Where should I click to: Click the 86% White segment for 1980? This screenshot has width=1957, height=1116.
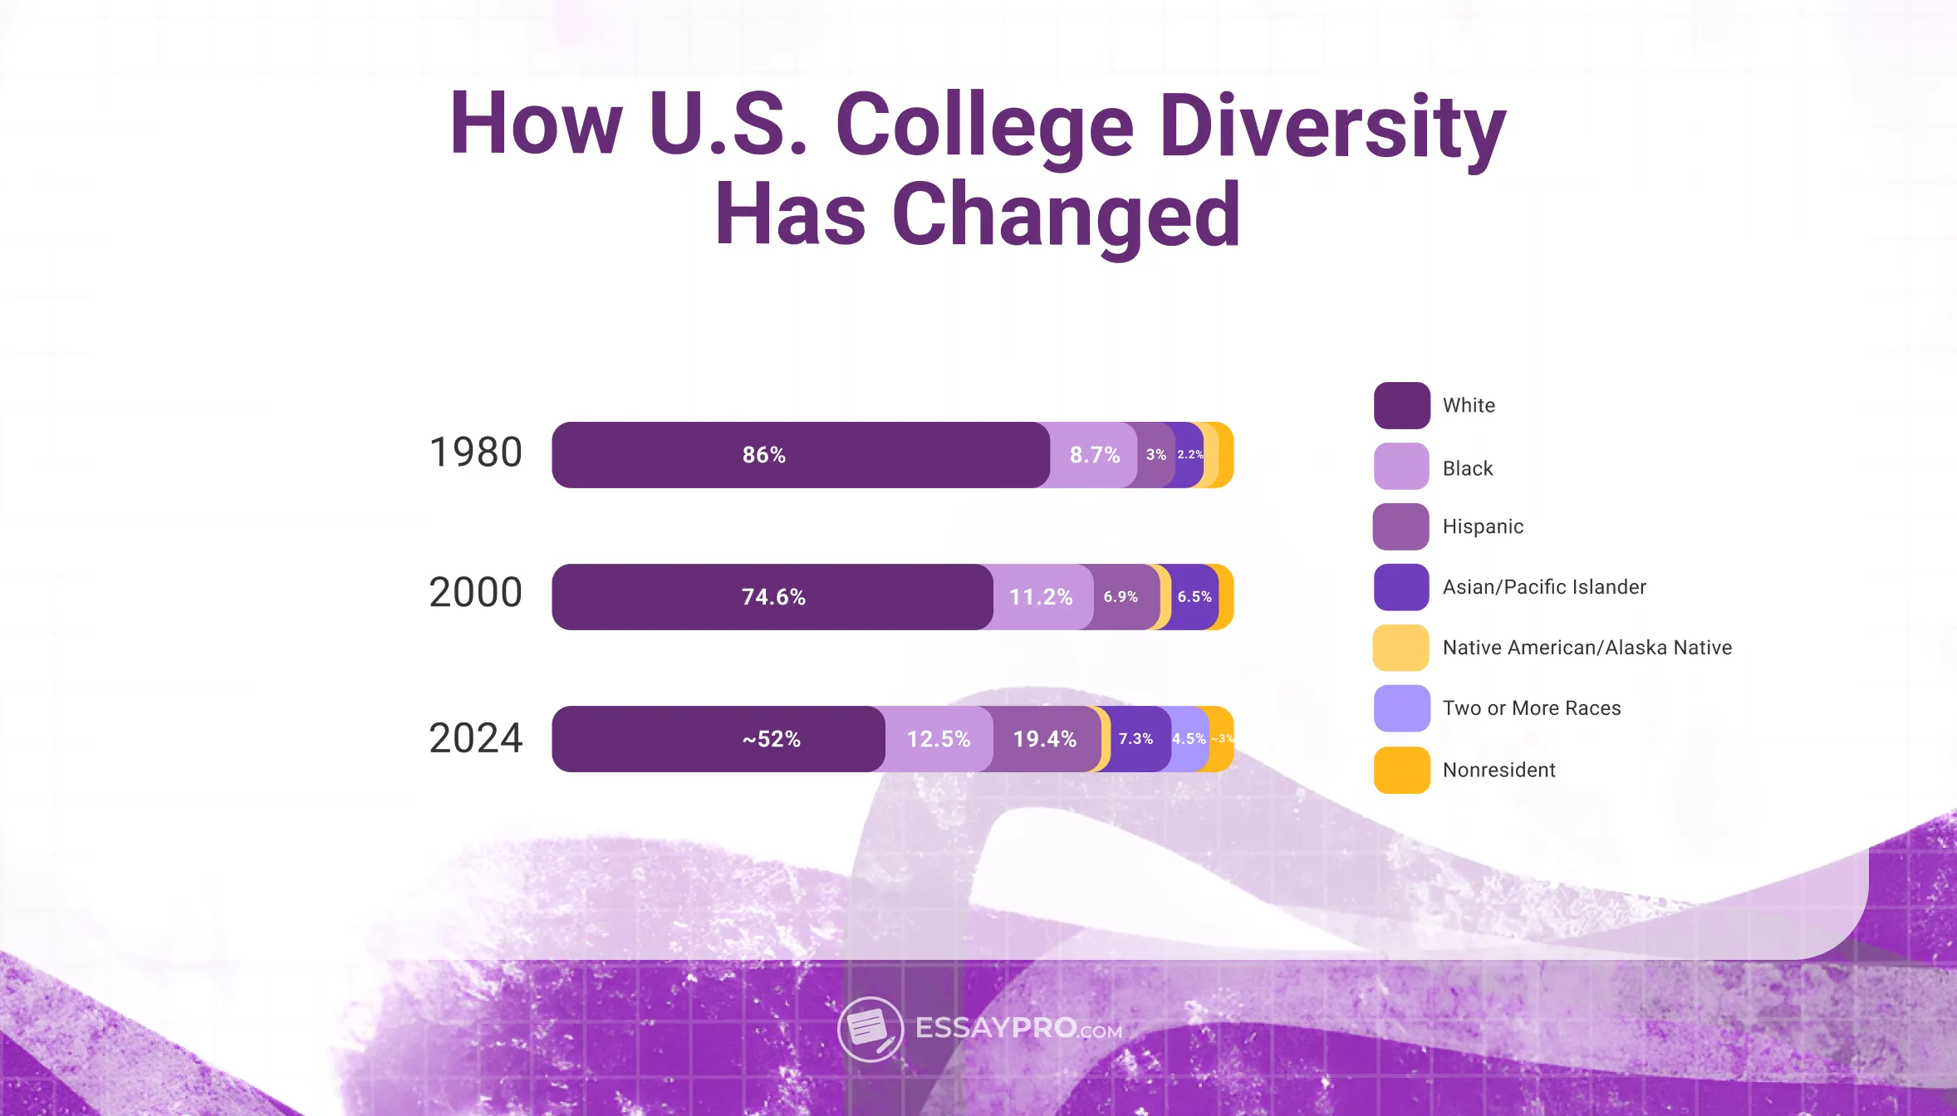(x=763, y=455)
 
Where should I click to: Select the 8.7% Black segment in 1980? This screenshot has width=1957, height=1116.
(x=1094, y=455)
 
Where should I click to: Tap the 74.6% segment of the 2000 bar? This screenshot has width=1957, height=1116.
(x=772, y=597)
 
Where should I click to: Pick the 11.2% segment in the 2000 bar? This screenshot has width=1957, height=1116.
(x=1041, y=597)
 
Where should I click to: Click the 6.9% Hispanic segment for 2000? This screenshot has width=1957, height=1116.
(x=1121, y=597)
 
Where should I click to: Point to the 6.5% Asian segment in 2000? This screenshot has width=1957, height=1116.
(x=1194, y=597)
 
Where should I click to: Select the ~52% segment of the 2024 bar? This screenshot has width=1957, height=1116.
(x=771, y=739)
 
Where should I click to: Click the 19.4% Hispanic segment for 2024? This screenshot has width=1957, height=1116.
(x=1044, y=739)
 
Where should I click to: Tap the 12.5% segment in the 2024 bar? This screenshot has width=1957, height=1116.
(x=939, y=739)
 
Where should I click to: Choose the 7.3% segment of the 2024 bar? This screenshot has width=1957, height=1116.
(x=1135, y=739)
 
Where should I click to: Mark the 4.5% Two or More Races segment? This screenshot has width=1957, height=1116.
(x=1188, y=739)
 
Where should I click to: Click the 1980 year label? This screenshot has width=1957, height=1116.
(x=475, y=453)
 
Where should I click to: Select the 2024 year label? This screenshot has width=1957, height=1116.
(x=475, y=738)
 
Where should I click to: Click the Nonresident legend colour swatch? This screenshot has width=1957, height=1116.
(x=1401, y=770)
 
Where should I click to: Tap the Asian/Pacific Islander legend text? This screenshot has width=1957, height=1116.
(x=1543, y=587)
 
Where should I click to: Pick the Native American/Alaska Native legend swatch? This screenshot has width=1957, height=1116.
(x=1401, y=648)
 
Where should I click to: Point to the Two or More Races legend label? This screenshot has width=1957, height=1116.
(x=1531, y=708)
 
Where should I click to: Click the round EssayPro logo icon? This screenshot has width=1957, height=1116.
(x=870, y=1030)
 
